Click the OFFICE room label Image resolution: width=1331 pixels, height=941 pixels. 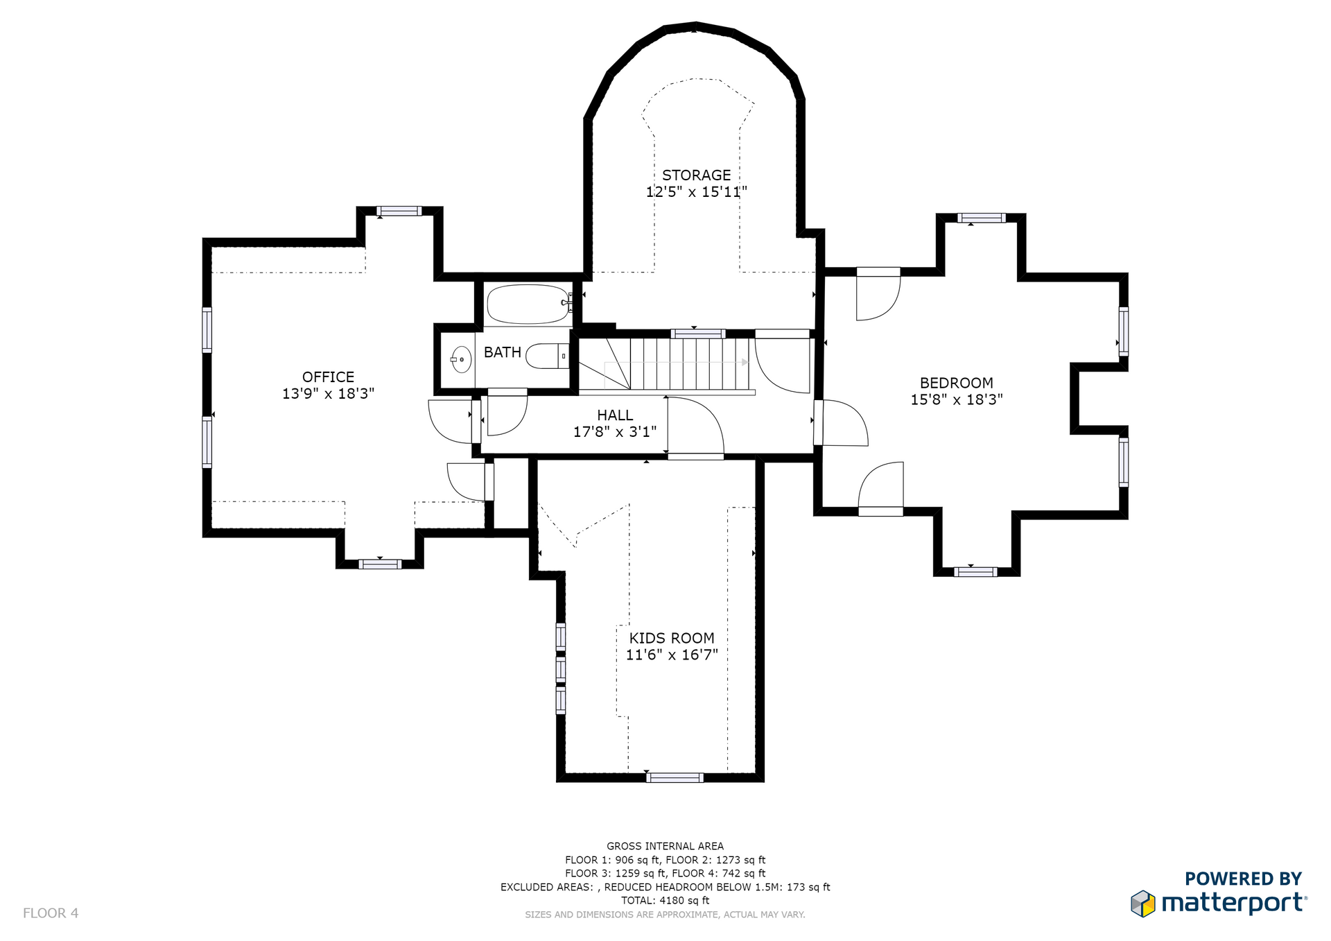(x=328, y=377)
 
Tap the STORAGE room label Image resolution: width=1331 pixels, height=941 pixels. (x=696, y=175)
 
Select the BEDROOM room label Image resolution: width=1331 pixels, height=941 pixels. (x=956, y=383)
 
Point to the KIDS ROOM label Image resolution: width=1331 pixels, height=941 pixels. (x=672, y=638)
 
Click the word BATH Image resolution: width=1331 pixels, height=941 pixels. (x=503, y=352)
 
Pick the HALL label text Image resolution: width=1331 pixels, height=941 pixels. (x=615, y=415)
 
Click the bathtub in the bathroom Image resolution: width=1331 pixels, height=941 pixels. (x=528, y=304)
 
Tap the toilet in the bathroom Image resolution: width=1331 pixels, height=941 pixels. (x=548, y=356)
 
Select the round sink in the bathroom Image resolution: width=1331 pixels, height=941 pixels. (x=461, y=359)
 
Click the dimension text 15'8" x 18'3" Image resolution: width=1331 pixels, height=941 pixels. (x=957, y=399)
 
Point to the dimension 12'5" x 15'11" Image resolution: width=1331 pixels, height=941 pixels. (x=696, y=192)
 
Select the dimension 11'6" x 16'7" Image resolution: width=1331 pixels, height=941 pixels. (x=672, y=655)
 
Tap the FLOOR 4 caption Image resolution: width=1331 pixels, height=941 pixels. (x=51, y=913)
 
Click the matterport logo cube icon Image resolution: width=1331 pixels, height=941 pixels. (x=1143, y=904)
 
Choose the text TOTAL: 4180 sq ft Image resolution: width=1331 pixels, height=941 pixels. (x=665, y=900)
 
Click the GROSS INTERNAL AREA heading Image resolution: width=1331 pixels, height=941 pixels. (x=665, y=846)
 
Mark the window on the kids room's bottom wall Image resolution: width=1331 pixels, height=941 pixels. (x=675, y=777)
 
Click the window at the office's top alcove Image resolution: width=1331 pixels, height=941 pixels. (x=399, y=211)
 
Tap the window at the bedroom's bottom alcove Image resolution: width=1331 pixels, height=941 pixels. (x=975, y=572)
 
